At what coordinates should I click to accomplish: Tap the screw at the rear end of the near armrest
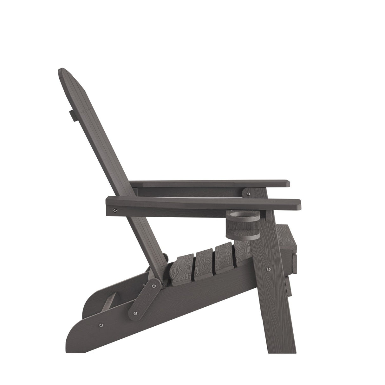pyautogui.click(x=115, y=210)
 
